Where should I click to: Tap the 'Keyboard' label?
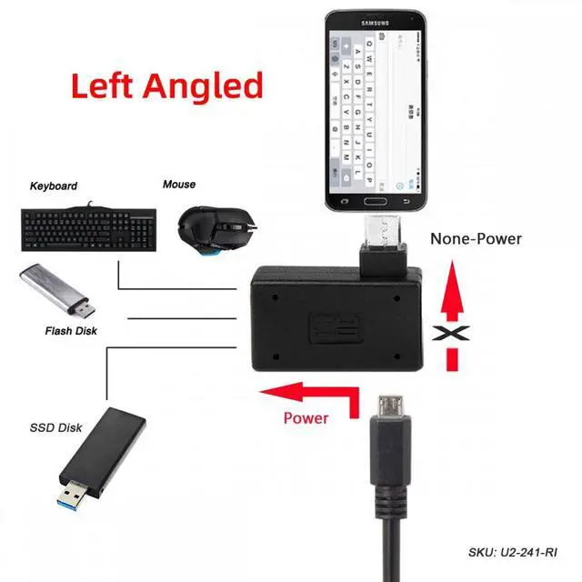pyautogui.click(x=54, y=186)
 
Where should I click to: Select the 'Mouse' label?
pyautogui.click(x=179, y=185)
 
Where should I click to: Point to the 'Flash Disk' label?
pyautogui.click(x=71, y=331)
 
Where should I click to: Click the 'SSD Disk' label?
pyautogui.click(x=55, y=427)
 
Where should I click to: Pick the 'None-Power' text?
pyautogui.click(x=476, y=239)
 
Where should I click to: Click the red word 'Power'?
pyautogui.click(x=306, y=418)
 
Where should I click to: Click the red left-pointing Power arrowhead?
pyautogui.click(x=272, y=393)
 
